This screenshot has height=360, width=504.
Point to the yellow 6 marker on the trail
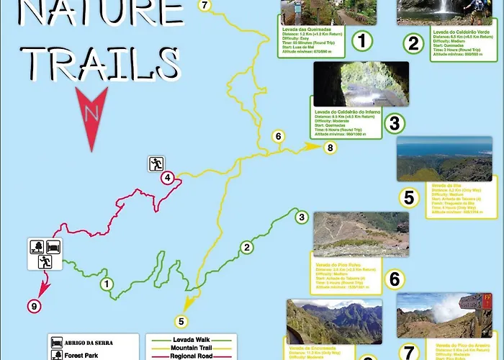tap(279, 135)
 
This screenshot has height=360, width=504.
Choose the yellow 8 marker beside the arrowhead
tap(330, 148)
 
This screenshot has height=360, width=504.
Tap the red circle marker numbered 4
tap(167, 178)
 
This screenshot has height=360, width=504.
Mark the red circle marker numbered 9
tap(33, 307)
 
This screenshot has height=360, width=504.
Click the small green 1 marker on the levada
tap(106, 284)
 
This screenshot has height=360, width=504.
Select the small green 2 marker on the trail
tap(247, 248)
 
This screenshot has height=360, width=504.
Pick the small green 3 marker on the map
tap(302, 217)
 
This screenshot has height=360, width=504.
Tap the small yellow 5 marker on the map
tap(181, 321)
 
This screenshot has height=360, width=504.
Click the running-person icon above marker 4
tap(156, 163)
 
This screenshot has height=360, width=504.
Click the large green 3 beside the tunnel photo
tap(393, 124)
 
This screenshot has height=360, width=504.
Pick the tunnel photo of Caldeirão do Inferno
tap(361, 84)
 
